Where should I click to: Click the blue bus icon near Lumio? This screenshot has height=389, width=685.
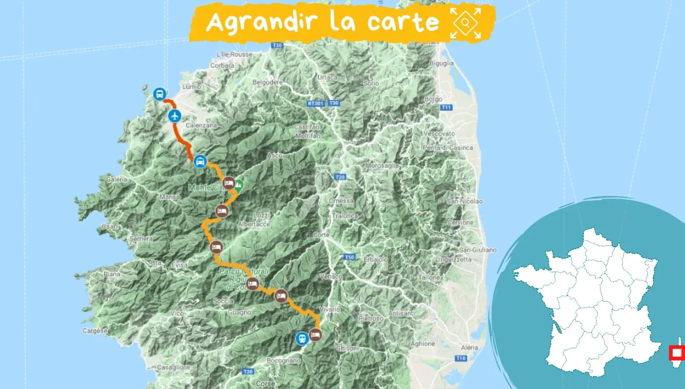(160, 94)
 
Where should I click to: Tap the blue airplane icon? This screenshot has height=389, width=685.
(175, 115)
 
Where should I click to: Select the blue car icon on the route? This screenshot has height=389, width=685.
(200, 161)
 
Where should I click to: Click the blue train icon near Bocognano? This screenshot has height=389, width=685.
(302, 338)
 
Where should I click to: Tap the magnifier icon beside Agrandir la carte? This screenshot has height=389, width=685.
(465, 22)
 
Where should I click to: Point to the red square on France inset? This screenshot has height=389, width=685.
(676, 353)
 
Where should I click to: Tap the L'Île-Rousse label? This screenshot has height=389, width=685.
(234, 54)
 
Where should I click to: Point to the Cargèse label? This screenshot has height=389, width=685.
(95, 331)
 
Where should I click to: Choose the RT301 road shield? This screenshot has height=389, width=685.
(315, 102)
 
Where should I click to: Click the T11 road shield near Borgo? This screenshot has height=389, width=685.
(446, 108)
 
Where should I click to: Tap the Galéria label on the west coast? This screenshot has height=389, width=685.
(117, 179)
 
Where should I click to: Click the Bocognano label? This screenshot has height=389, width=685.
(284, 361)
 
